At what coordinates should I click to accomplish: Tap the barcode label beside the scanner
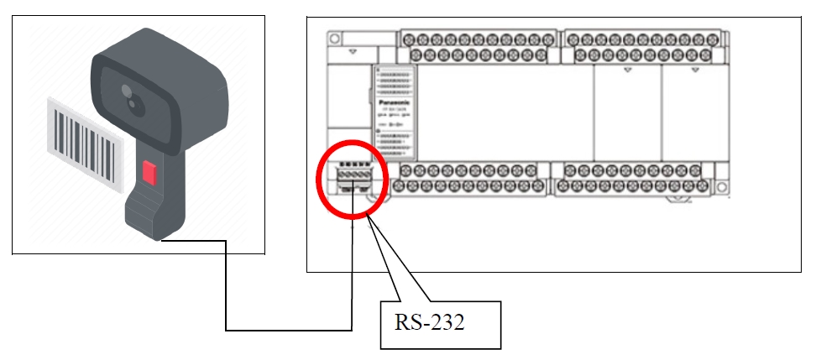(x=83, y=138)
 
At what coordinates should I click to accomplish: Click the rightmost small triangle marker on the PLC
(x=693, y=70)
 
